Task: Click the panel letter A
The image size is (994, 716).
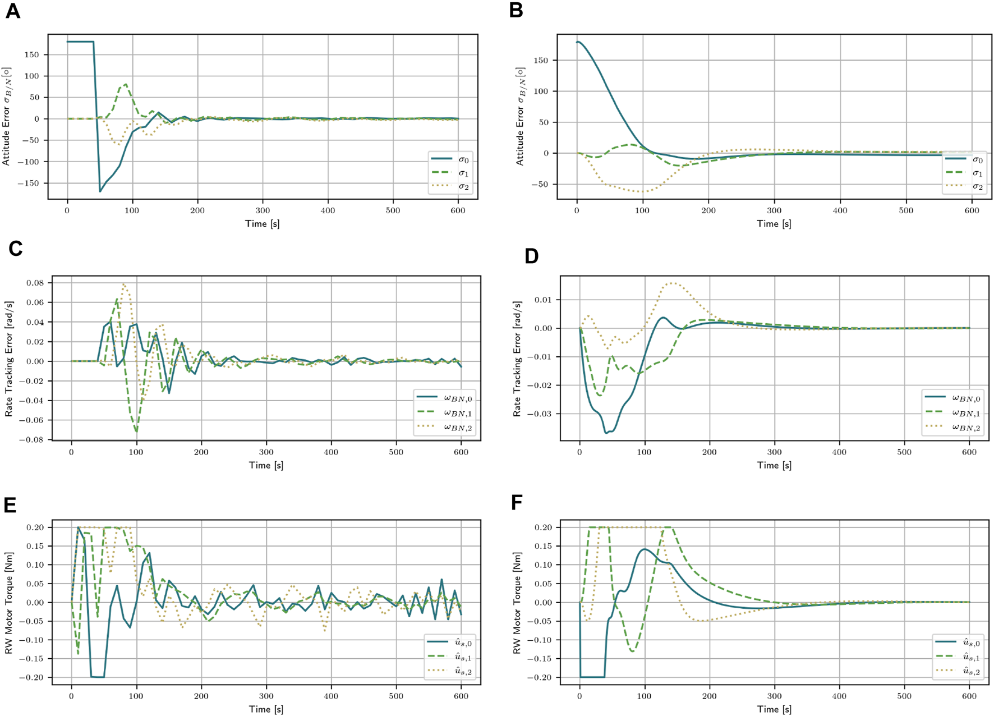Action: [12, 12]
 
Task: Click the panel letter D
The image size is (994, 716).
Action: [531, 256]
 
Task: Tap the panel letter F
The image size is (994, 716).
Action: [517, 503]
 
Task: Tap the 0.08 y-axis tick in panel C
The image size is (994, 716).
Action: [35, 283]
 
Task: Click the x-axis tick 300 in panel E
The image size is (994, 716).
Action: [266, 696]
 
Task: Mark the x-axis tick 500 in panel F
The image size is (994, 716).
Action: [904, 696]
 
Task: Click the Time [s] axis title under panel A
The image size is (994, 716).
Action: [262, 224]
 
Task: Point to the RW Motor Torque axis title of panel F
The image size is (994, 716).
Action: [516, 603]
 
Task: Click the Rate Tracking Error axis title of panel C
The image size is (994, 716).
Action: [8, 358]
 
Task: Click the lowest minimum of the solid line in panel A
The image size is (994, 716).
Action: [100, 191]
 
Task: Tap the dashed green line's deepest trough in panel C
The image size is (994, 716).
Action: [136, 431]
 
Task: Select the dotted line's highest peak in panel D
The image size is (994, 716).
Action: [673, 283]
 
